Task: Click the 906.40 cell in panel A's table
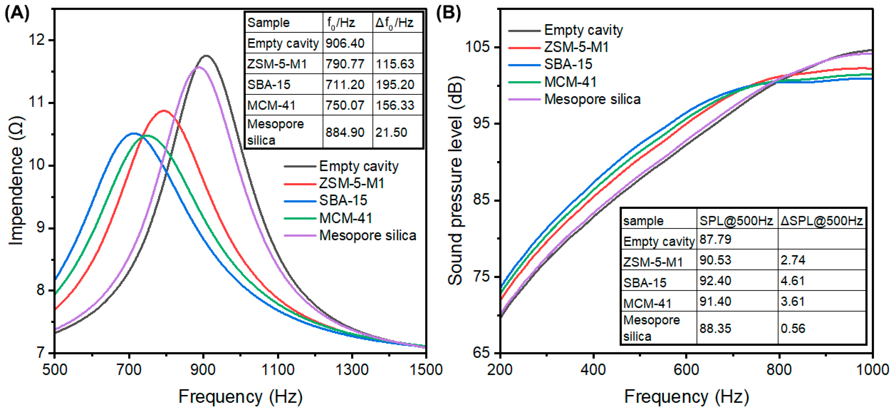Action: [345, 43]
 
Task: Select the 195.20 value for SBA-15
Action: [395, 85]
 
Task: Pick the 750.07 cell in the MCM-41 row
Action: [345, 105]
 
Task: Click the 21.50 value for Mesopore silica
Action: [391, 132]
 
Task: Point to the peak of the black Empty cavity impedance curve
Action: [206, 55]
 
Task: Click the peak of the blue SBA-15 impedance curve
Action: [133, 133]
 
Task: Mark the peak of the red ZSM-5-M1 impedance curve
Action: [164, 111]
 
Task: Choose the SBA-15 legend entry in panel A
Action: [343, 200]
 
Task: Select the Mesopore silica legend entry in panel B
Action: [592, 100]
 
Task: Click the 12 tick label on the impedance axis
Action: [37, 40]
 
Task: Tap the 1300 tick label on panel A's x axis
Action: [352, 370]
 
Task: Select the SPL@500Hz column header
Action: [736, 221]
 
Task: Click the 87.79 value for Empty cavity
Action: [715, 239]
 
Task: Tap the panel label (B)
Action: [448, 13]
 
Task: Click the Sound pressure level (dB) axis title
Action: [455, 180]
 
